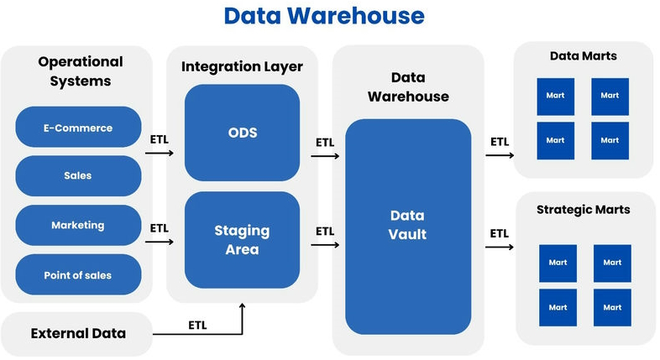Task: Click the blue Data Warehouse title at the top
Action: (323, 16)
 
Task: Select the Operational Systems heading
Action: (80, 71)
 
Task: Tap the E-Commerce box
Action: (78, 128)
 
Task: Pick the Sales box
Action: (78, 175)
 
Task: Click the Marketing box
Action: (78, 225)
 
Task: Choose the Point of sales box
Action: (78, 275)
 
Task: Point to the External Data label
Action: (78, 333)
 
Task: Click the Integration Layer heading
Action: (242, 66)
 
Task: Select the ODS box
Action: (242, 133)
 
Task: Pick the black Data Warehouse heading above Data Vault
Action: (408, 86)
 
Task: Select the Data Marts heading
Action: (583, 56)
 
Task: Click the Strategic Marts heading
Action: (583, 209)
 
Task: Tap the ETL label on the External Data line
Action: (197, 325)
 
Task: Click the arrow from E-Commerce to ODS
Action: (159, 154)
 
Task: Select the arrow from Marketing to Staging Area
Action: (159, 243)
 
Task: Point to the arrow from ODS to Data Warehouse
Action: (325, 156)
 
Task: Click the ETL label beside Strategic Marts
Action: (499, 232)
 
